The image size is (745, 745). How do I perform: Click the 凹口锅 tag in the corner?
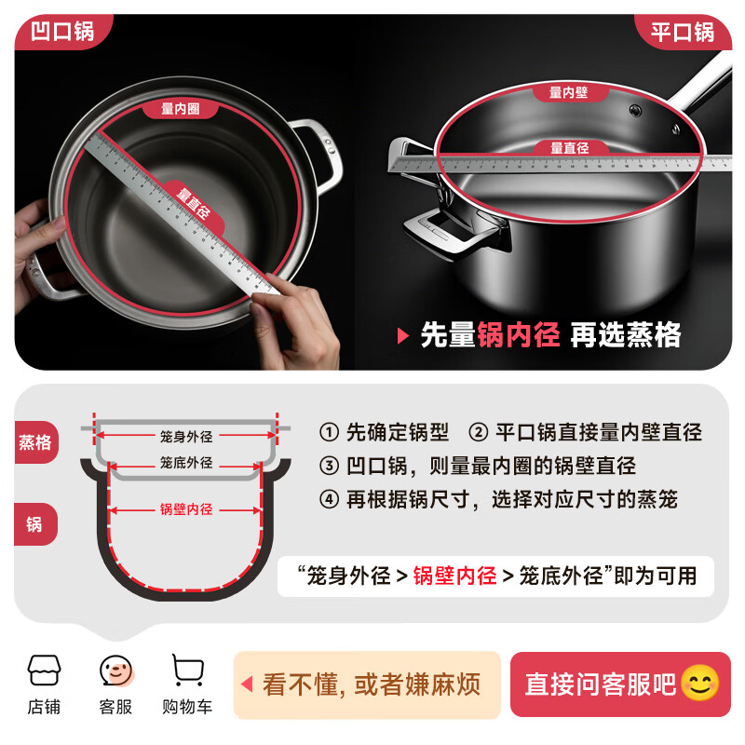coord(62,32)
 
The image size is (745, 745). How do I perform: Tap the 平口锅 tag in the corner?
coord(683,33)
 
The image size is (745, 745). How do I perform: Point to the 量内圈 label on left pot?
coord(181,110)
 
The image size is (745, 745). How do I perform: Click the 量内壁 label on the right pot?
coord(568,92)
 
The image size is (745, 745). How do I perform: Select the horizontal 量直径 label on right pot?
coord(569,148)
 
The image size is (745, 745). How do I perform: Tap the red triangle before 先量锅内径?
coord(403,335)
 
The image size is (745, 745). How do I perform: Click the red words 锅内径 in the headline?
coord(519,335)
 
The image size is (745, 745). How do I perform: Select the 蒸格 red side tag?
coord(35,442)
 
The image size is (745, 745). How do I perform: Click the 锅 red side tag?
coord(35,524)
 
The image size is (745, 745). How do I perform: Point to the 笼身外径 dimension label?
coord(186,435)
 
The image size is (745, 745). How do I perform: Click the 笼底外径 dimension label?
coord(186,463)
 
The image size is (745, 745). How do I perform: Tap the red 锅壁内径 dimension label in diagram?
coord(186,509)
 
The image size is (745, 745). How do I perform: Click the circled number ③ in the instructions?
coord(329,466)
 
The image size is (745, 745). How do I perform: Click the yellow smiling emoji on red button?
coord(700,684)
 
